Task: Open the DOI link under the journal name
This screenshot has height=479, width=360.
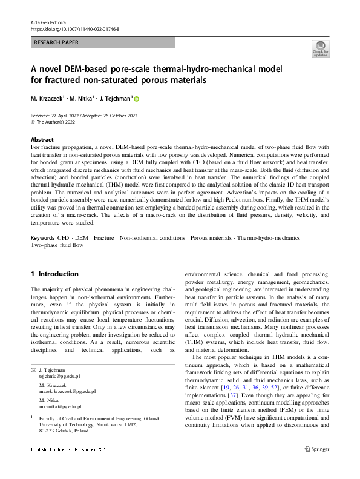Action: (x=74, y=29)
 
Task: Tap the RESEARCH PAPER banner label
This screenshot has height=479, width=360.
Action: (x=56, y=42)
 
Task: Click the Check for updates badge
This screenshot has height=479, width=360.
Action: (x=320, y=49)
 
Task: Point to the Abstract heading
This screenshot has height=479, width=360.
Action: (x=42, y=139)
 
